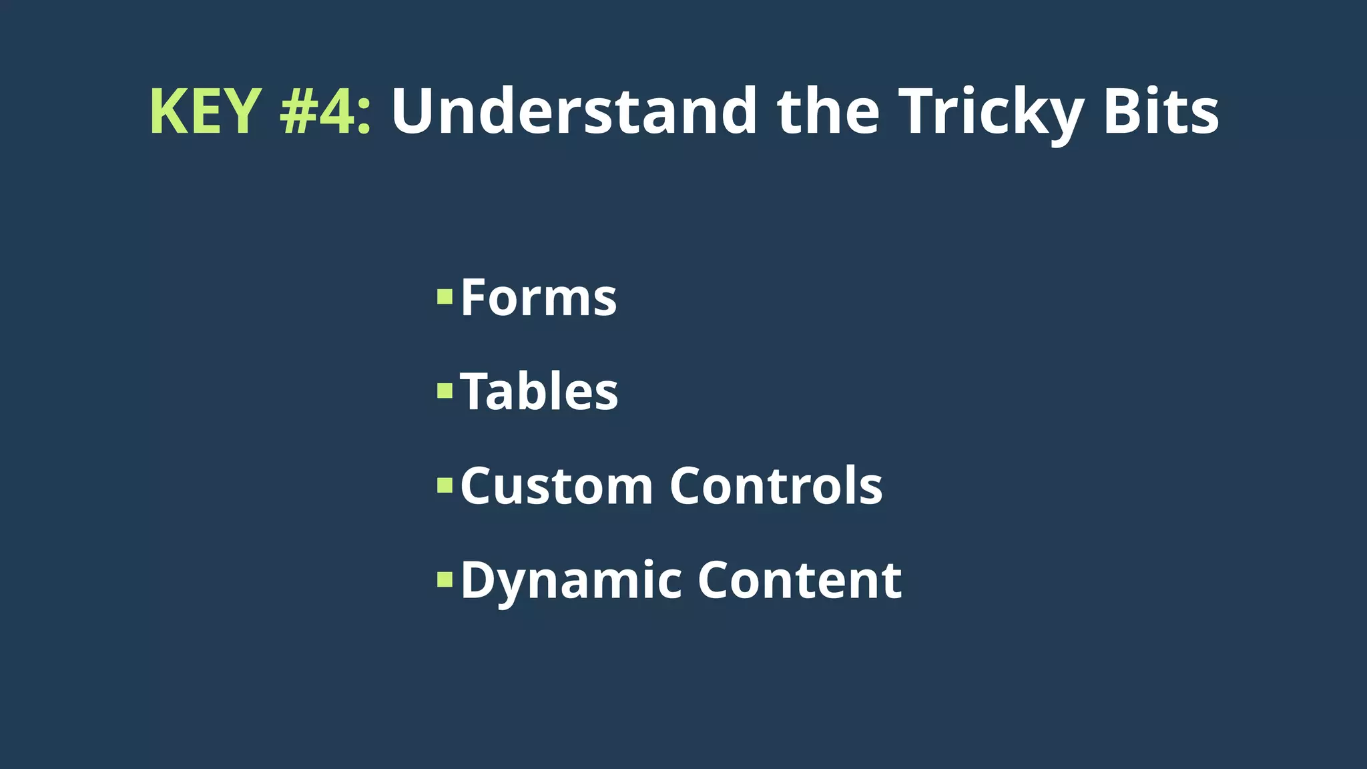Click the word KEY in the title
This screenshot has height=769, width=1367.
pos(205,111)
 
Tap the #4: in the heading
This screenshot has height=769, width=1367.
pos(324,111)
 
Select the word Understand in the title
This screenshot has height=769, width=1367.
pos(573,111)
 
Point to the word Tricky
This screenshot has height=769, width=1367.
pos(991,113)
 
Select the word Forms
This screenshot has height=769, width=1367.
pos(538,298)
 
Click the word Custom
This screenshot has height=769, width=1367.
pos(556,486)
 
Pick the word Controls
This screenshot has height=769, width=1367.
pos(776,486)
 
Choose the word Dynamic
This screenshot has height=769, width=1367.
pos(571,581)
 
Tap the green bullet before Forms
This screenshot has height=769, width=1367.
pos(445,296)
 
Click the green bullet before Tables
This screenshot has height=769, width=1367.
pos(445,391)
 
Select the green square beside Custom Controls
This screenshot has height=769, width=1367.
pos(445,485)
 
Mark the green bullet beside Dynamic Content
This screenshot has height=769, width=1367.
pos(445,579)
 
